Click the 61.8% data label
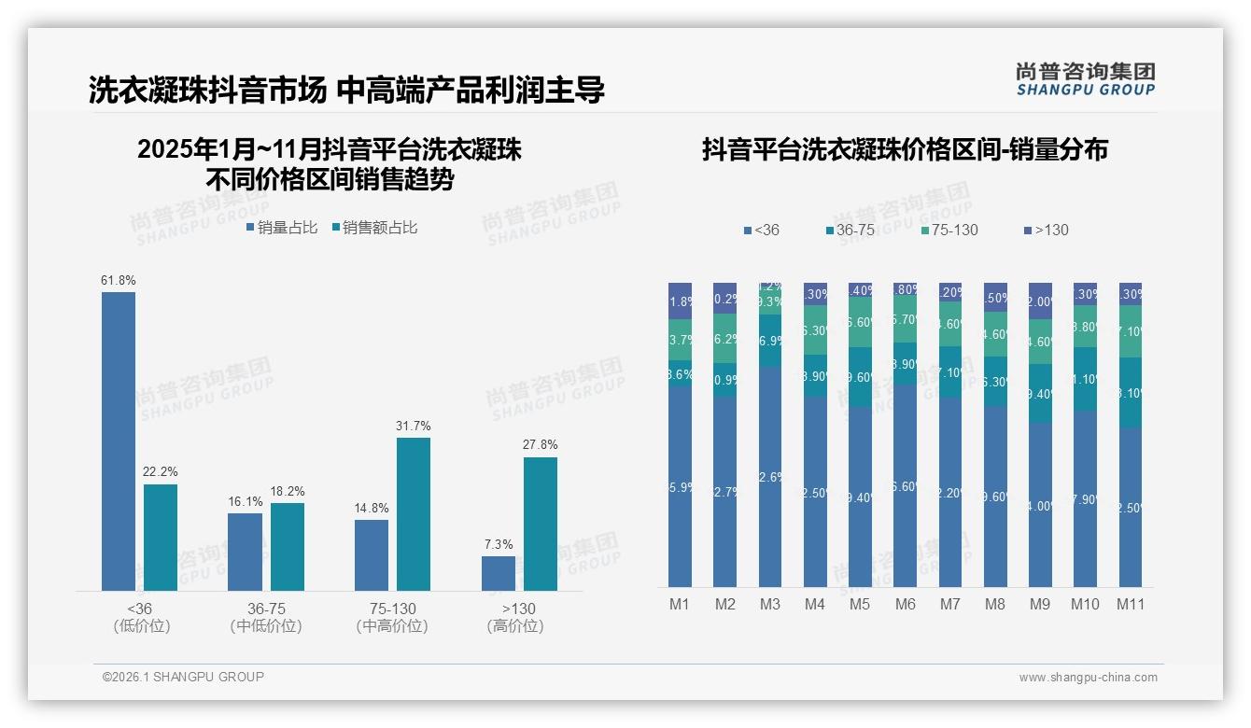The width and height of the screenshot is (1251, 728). (119, 280)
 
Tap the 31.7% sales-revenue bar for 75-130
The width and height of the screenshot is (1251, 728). (414, 513)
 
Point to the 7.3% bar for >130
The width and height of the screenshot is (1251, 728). (499, 573)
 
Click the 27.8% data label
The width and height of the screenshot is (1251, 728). (541, 445)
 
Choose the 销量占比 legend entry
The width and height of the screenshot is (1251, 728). (282, 228)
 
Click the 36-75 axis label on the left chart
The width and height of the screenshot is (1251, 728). (266, 609)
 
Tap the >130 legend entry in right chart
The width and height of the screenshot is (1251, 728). (1046, 230)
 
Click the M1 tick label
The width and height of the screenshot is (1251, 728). (680, 605)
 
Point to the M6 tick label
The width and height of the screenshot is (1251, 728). (906, 605)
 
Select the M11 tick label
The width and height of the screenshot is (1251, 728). (1131, 605)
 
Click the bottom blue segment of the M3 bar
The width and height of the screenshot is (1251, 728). (770, 476)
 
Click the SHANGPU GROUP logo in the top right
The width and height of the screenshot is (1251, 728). (1085, 79)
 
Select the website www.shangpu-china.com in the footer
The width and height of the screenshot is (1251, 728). (1088, 678)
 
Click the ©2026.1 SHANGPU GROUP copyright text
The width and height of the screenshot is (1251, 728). (183, 677)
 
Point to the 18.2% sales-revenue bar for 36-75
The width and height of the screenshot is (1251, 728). (288, 547)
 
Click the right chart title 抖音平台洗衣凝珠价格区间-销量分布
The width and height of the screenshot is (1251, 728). (905, 150)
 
